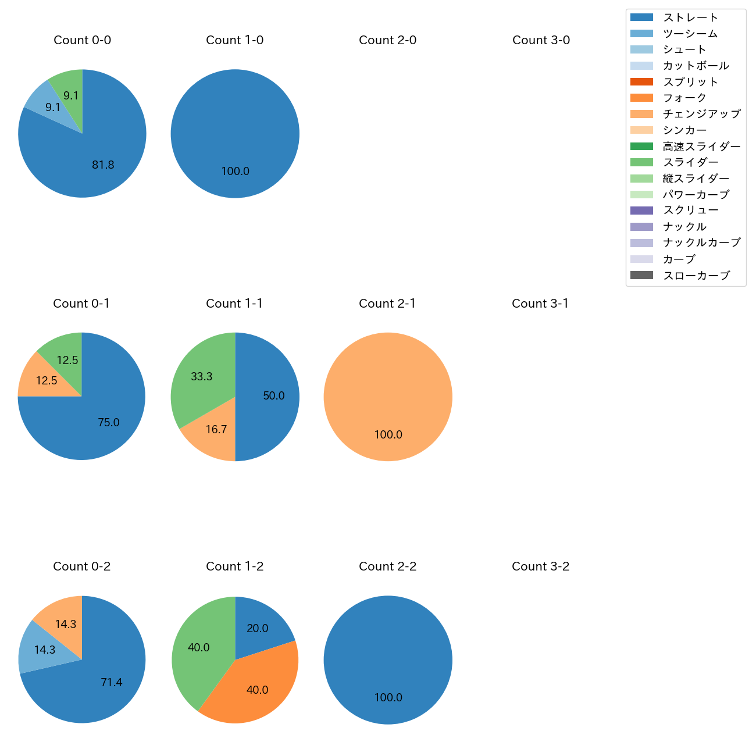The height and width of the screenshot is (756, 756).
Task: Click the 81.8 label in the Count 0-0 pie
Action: [103, 165]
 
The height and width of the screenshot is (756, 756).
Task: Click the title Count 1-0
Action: [234, 40]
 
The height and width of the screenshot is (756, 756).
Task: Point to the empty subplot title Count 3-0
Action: [541, 40]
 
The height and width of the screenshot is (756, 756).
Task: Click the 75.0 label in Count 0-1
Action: [109, 423]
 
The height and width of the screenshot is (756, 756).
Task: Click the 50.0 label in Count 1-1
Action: [273, 396]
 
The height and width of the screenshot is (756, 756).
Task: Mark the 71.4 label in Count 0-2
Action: [111, 682]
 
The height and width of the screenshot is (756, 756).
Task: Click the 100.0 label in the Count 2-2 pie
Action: [388, 698]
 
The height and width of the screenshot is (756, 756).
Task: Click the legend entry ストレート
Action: [691, 17]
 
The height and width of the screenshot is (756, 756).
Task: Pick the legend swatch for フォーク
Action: [641, 98]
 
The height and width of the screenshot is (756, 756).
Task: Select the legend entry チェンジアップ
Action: [701, 114]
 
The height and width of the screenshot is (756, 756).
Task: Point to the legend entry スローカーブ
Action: [696, 276]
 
